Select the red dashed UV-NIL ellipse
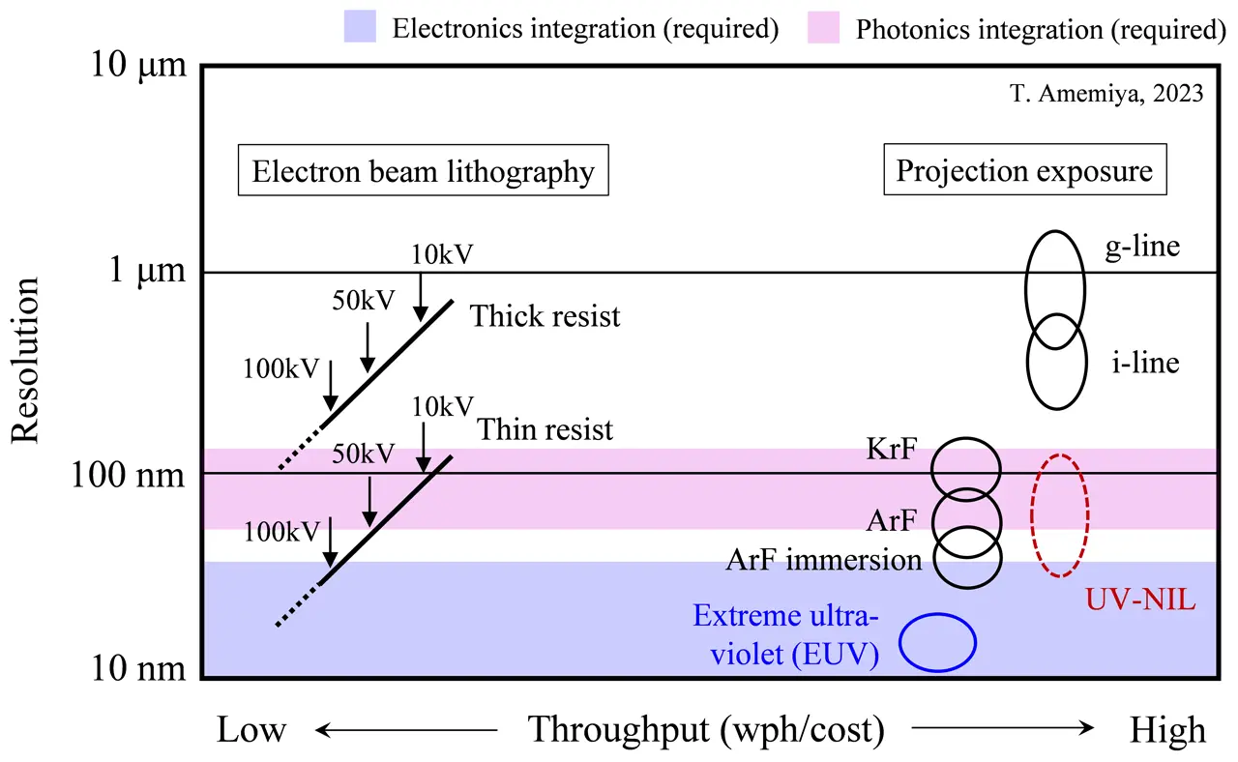(x=1059, y=515)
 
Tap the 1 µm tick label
(x=142, y=273)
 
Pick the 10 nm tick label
(x=136, y=669)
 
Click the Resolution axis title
(x=27, y=360)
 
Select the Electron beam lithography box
(x=423, y=173)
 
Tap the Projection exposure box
(x=1024, y=172)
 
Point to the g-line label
(x=1142, y=246)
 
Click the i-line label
(x=1145, y=363)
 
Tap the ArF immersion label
(x=823, y=560)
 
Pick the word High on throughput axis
(x=1167, y=730)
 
